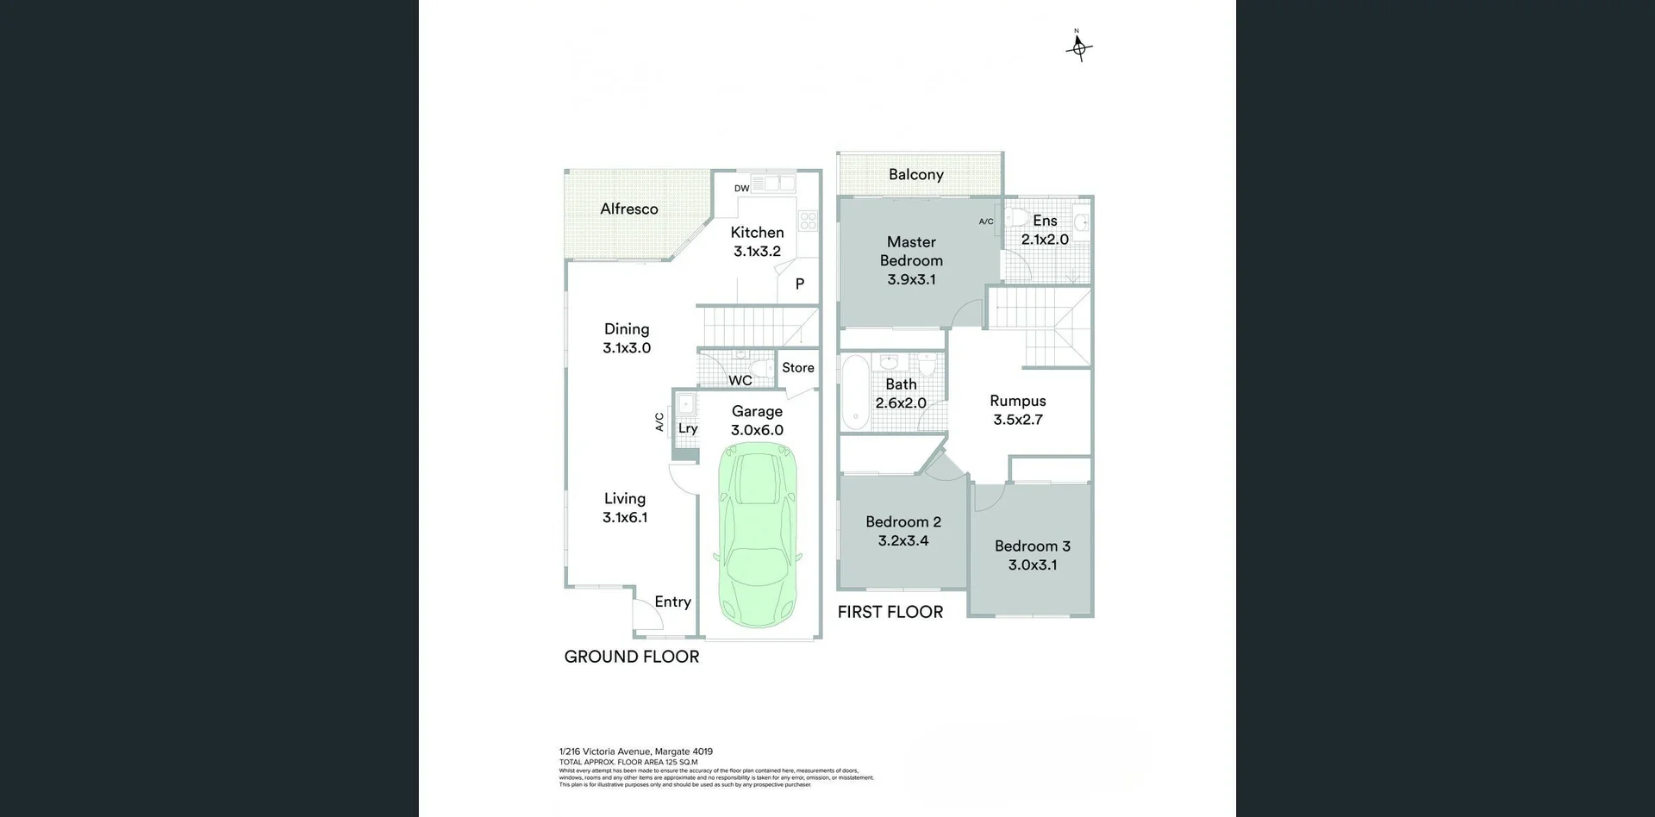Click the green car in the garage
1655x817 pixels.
pos(758,534)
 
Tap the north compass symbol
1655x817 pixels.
pos(1078,47)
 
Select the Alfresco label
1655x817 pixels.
pos(629,209)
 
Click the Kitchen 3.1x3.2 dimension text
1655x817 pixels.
pos(757,252)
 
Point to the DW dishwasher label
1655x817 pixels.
pos(741,188)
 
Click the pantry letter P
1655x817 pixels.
pos(800,284)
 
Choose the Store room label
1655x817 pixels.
pos(797,368)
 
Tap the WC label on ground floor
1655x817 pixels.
pos(740,380)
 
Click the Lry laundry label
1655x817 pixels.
pos(688,428)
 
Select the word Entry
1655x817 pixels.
pos(672,602)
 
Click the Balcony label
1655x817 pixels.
pos(915,174)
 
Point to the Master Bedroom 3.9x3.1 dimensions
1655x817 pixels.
pos(911,279)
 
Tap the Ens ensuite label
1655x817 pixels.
pos(1045,221)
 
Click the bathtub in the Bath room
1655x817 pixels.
pos(855,391)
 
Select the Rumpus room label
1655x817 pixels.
pos(1018,401)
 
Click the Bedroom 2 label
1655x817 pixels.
pos(903,521)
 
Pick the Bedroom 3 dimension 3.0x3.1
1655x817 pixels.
pos(1033,565)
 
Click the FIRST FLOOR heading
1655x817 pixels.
pos(890,612)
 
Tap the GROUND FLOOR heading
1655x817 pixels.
pos(632,657)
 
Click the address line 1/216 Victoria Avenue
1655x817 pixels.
pos(636,752)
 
